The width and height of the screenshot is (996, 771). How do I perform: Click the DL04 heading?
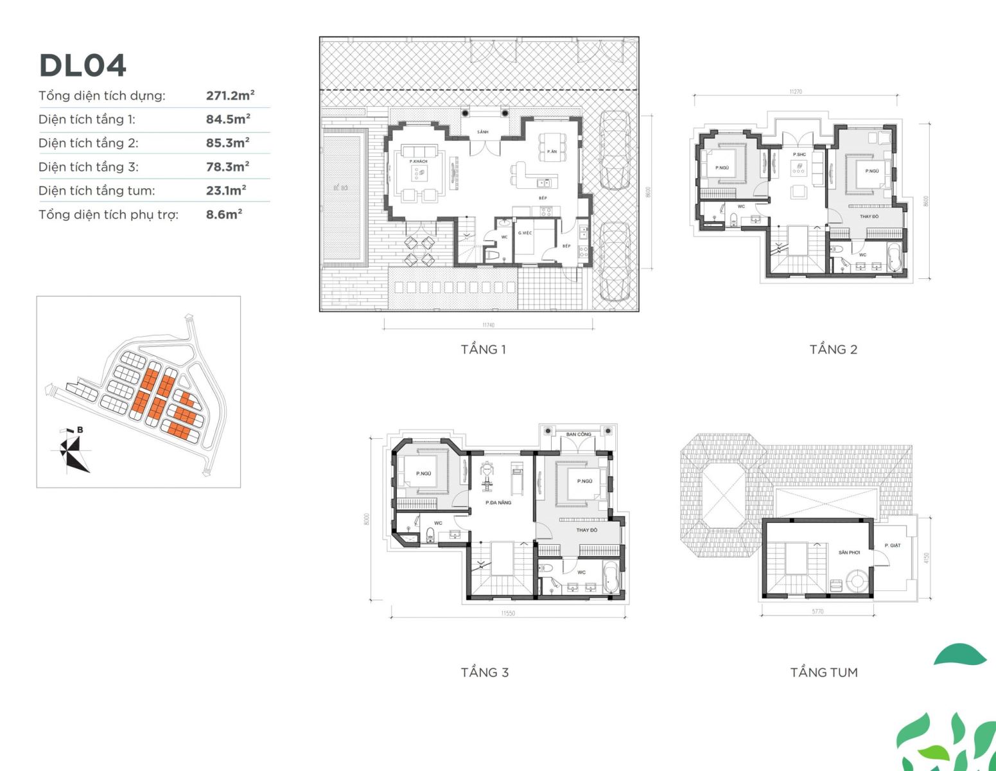point(83,66)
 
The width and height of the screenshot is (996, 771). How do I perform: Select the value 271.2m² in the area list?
point(230,96)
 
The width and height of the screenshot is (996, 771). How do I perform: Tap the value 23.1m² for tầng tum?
point(226,191)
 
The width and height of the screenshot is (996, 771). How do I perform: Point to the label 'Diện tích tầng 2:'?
point(88,143)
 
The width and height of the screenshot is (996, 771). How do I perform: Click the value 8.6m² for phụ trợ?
point(223,215)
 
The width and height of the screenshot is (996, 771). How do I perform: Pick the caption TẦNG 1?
point(483,350)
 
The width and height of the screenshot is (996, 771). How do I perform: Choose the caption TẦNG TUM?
point(823,673)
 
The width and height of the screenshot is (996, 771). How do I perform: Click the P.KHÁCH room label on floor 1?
point(418,161)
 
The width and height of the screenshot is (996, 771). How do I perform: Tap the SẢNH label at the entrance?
point(483,132)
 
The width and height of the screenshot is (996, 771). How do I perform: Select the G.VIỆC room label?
point(525,233)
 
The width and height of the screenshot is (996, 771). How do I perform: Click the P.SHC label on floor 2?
point(799,155)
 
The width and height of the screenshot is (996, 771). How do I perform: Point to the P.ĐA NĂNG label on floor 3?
point(498,502)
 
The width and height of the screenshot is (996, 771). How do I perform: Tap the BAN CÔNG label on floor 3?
point(579,434)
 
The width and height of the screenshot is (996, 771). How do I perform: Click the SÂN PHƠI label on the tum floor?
point(849,553)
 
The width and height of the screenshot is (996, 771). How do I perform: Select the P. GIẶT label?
point(893,545)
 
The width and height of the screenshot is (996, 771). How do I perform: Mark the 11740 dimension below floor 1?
point(488,325)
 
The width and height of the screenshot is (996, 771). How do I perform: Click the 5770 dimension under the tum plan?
point(817,612)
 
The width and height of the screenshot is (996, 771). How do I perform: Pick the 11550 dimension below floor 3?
point(508,614)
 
